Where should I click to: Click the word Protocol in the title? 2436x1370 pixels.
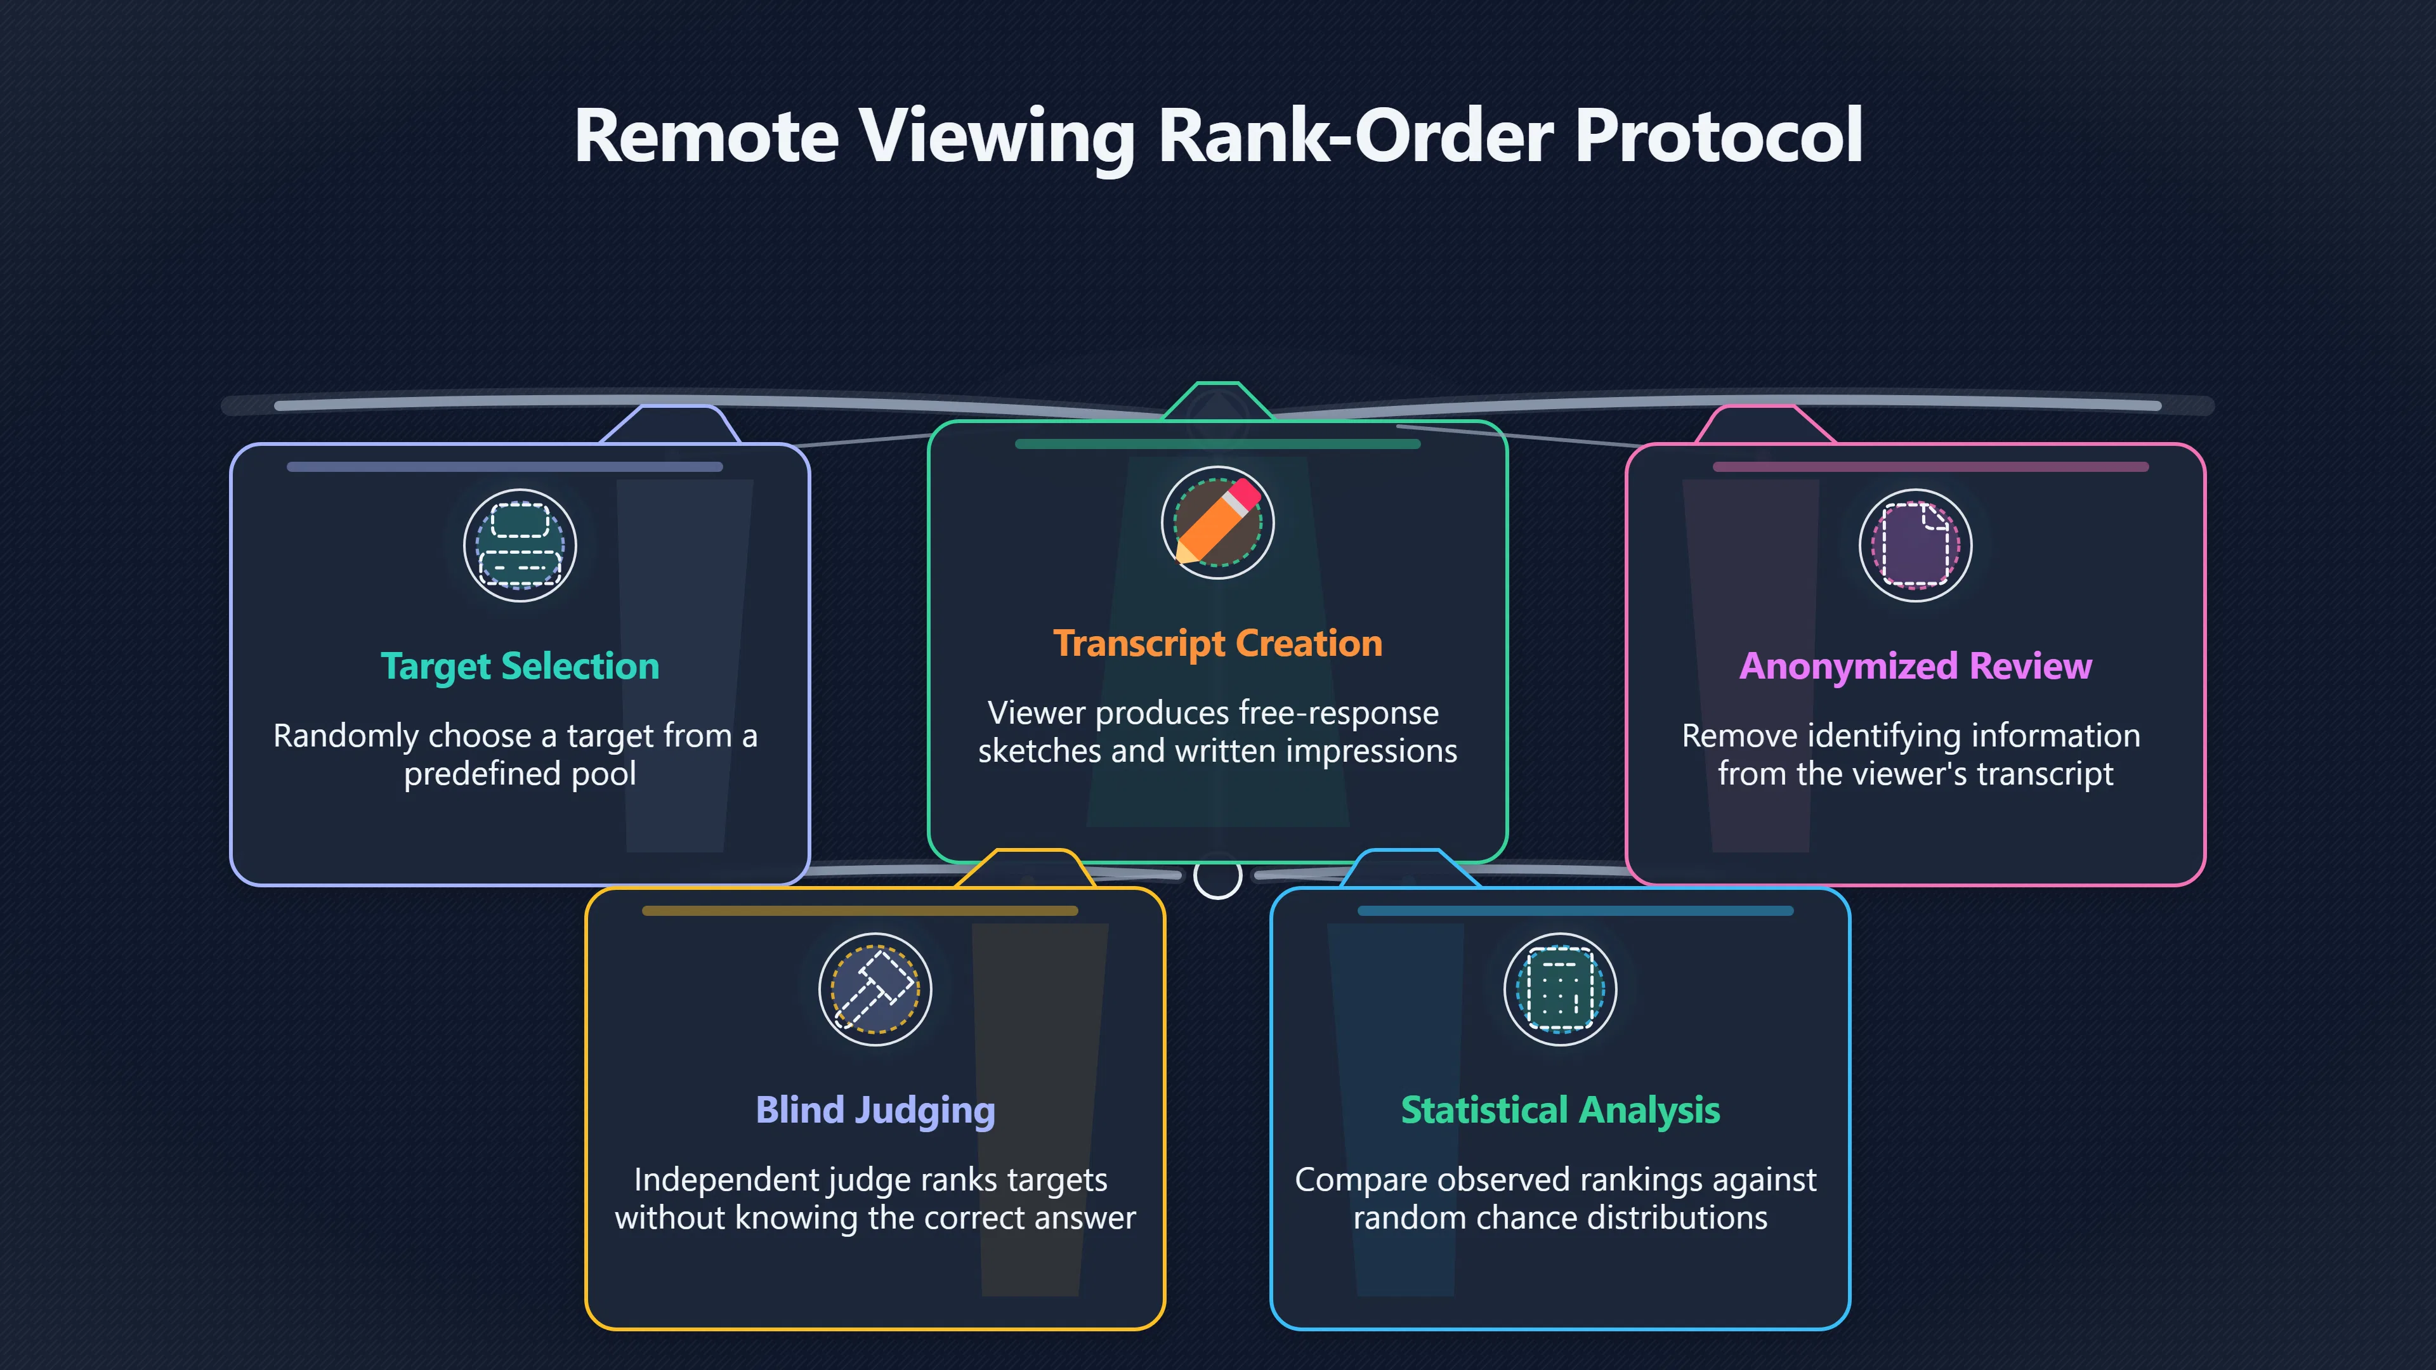pyautogui.click(x=1719, y=135)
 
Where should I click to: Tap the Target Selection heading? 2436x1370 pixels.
pyautogui.click(x=520, y=667)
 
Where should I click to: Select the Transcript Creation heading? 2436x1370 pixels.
pyautogui.click(x=1218, y=644)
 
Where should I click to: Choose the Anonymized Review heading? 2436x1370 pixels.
pyautogui.click(x=1916, y=667)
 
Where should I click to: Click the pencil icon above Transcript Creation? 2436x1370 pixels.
pyautogui.click(x=1218, y=523)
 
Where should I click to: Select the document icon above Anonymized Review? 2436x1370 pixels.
pyautogui.click(x=1916, y=545)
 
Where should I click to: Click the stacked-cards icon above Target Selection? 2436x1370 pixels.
pyautogui.click(x=520, y=545)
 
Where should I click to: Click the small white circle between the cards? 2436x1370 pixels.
pyautogui.click(x=1218, y=877)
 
